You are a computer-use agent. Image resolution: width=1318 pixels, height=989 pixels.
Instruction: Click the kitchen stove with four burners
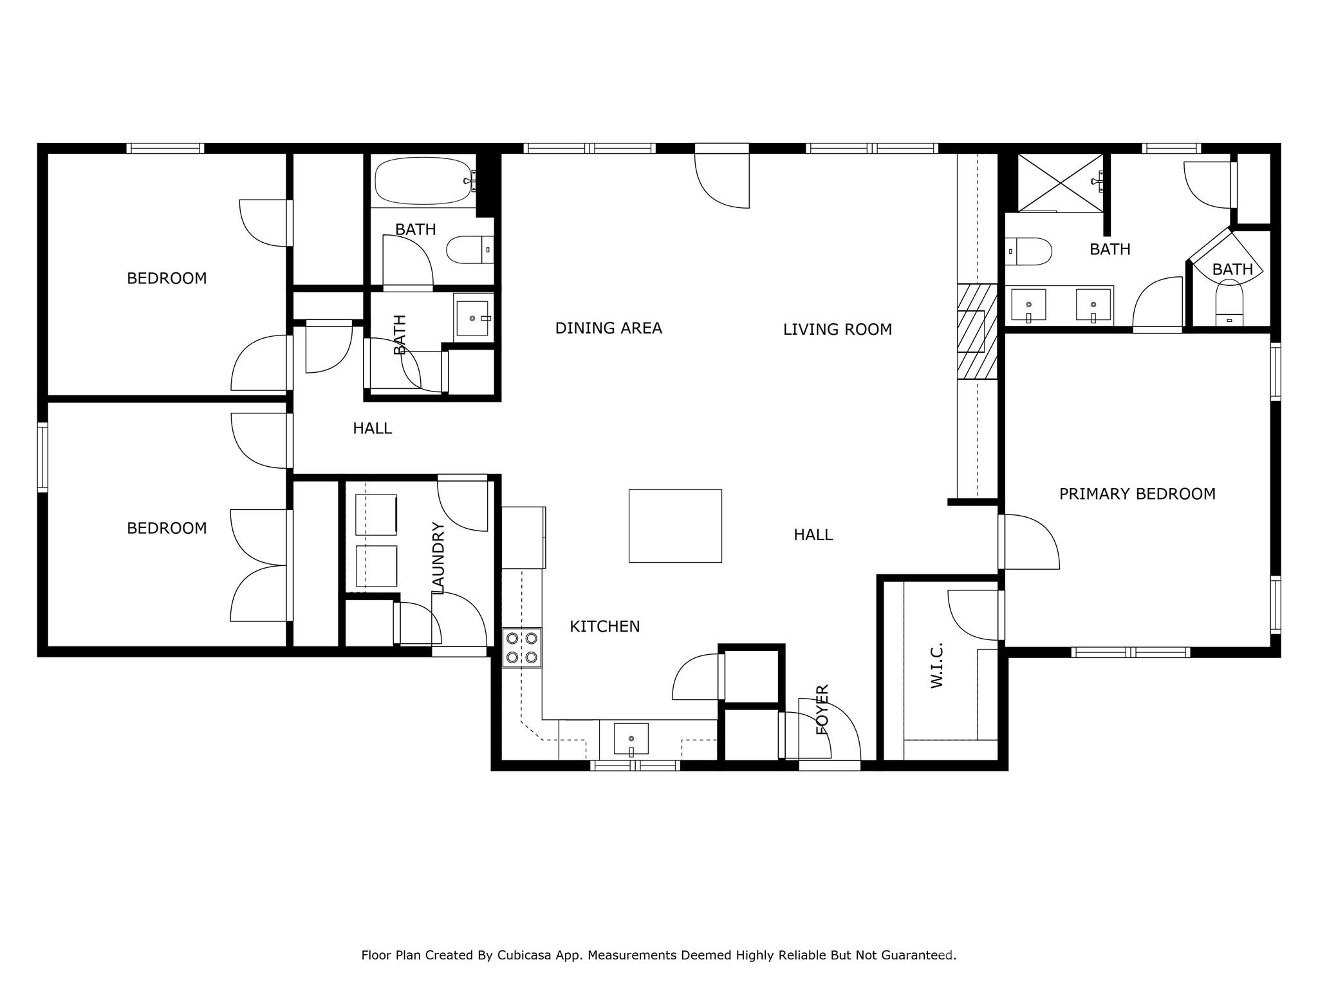pyautogui.click(x=522, y=648)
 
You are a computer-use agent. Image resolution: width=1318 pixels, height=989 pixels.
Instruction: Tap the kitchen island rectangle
pyautogui.click(x=675, y=525)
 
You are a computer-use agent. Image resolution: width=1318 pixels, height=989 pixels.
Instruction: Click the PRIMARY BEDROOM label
pyautogui.click(x=1137, y=494)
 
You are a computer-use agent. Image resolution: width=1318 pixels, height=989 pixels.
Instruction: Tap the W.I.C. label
pyautogui.click(x=937, y=664)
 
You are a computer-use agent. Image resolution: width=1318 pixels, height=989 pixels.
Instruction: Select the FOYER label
pyautogui.click(x=822, y=710)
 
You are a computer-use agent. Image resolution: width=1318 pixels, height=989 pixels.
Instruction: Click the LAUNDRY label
pyautogui.click(x=439, y=558)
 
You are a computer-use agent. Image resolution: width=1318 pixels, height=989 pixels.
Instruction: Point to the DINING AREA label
pyautogui.click(x=608, y=328)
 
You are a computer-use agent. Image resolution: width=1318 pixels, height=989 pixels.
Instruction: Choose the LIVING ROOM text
pyautogui.click(x=837, y=330)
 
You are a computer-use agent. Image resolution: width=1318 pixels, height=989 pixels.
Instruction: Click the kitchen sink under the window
pyautogui.click(x=631, y=739)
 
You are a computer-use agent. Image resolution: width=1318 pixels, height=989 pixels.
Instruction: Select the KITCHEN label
pyautogui.click(x=604, y=626)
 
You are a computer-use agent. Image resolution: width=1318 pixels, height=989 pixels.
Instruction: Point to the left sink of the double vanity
pyautogui.click(x=1028, y=305)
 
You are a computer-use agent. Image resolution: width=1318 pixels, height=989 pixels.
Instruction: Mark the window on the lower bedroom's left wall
pyautogui.click(x=42, y=457)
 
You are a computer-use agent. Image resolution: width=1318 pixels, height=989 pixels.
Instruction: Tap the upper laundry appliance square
pyautogui.click(x=376, y=514)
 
